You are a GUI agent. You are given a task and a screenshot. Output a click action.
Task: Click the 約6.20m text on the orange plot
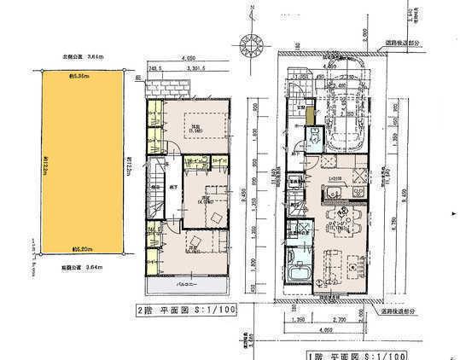[84, 250]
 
